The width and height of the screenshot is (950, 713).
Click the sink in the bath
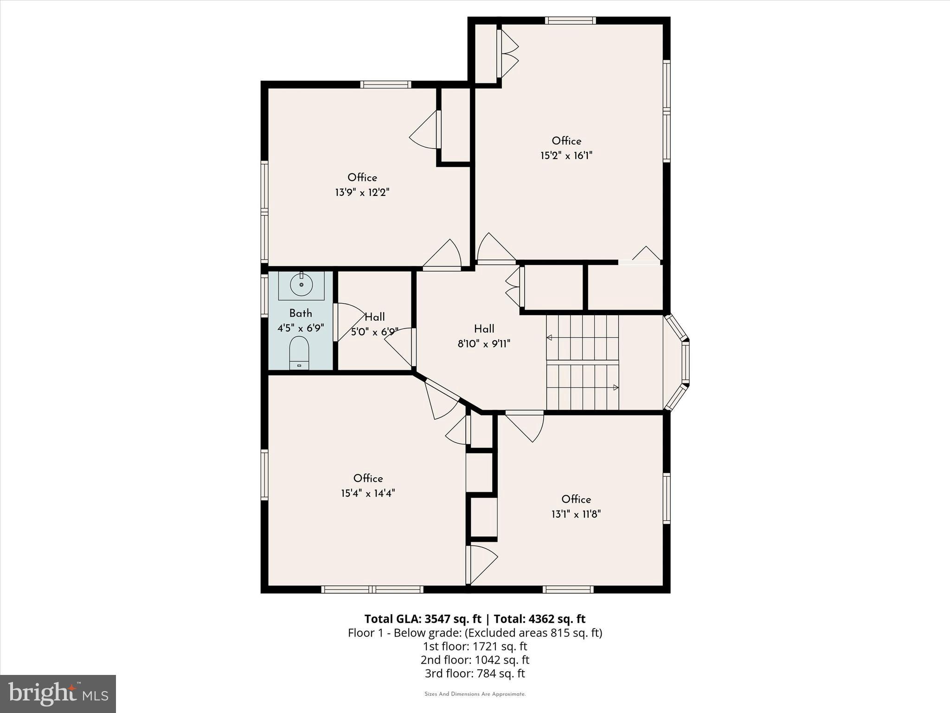[x=301, y=284]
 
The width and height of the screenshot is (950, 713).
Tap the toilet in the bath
[x=299, y=352]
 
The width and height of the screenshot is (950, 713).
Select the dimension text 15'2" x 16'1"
[x=566, y=156]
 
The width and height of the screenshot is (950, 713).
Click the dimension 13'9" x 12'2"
[x=362, y=192]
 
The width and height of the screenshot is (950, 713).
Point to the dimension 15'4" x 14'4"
[x=368, y=493]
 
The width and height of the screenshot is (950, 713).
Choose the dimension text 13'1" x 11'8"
[x=576, y=514]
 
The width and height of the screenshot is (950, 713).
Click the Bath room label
[x=301, y=313]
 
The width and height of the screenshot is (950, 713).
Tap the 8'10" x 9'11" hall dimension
[x=484, y=344]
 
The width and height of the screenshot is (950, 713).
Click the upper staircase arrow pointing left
[x=550, y=337]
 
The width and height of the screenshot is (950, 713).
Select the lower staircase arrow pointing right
[x=616, y=387]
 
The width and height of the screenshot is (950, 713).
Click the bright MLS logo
[x=58, y=694]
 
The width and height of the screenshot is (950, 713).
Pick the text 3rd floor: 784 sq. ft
[x=475, y=673]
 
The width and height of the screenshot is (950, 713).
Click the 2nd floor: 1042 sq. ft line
[x=475, y=660]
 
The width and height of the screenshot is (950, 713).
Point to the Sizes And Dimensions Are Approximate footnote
[x=475, y=694]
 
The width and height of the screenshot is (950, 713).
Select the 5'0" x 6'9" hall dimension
[x=374, y=332]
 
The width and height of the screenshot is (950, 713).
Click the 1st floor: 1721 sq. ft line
[x=475, y=646]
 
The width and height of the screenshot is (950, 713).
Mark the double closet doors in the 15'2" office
[x=507, y=53]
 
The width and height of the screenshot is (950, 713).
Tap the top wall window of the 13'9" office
[x=386, y=84]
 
